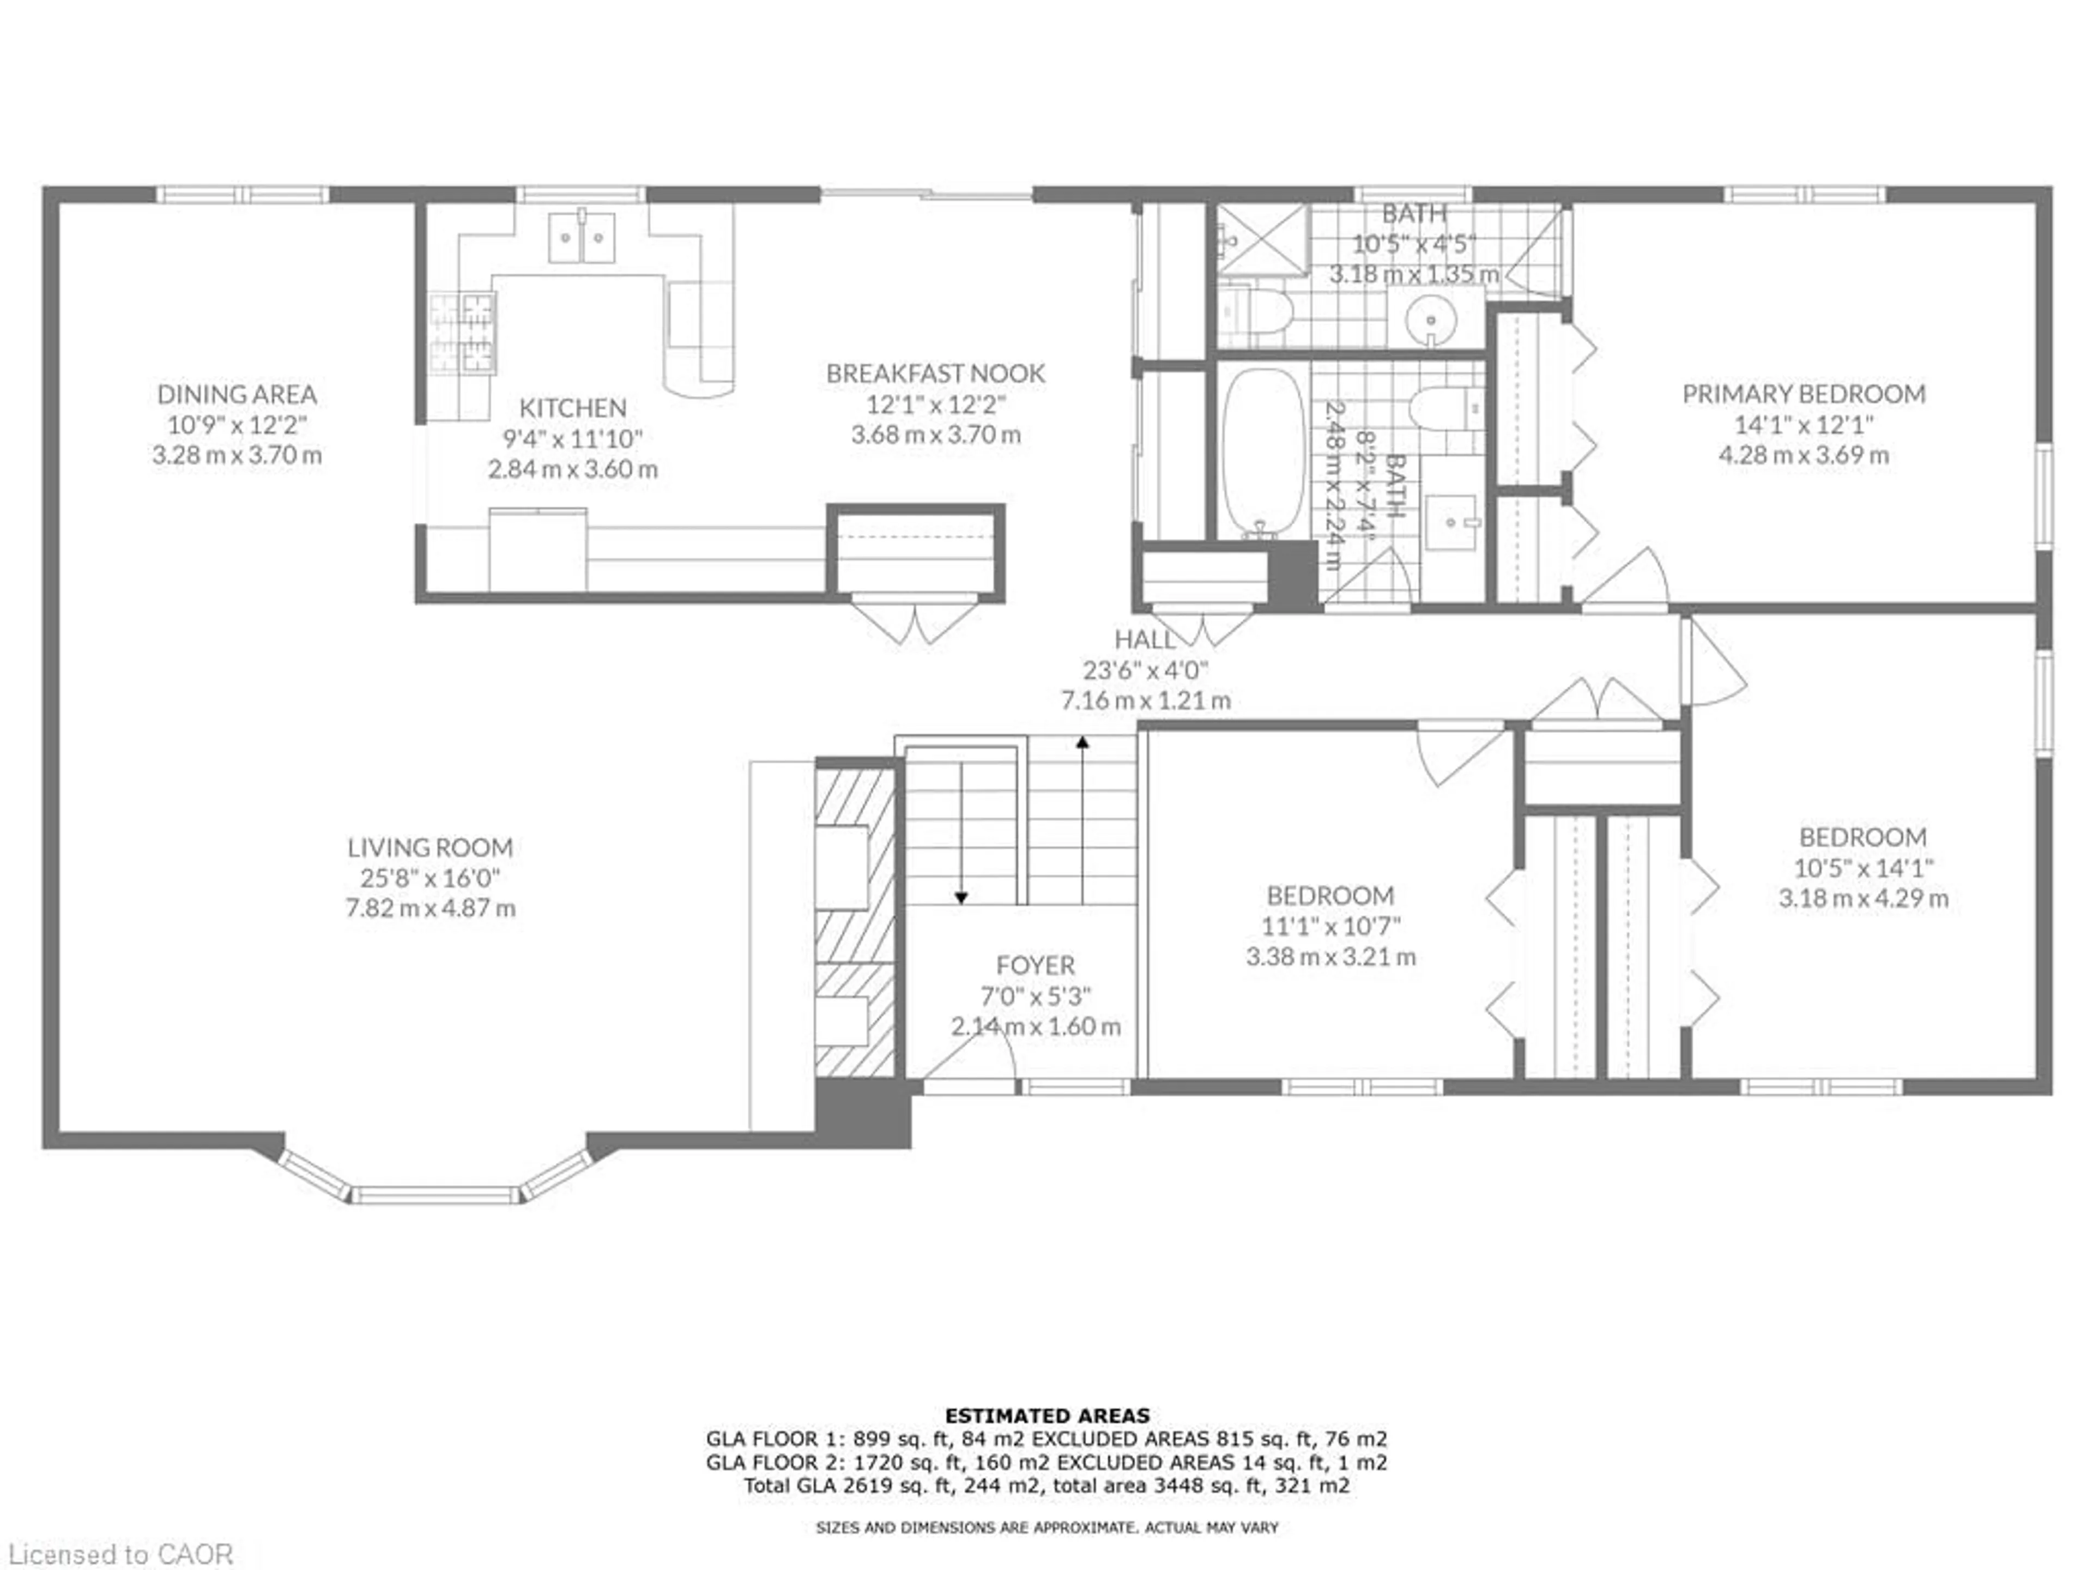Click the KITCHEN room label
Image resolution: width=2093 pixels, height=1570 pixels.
(x=572, y=408)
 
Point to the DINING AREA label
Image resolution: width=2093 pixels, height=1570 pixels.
(x=237, y=394)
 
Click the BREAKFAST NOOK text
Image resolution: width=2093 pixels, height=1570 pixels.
(x=936, y=373)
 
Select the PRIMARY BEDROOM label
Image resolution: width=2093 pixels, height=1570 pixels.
(x=1804, y=394)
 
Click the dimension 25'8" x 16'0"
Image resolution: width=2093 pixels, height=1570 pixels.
(x=431, y=877)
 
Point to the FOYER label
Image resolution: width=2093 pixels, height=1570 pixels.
(x=1035, y=965)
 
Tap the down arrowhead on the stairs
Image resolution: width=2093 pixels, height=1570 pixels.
(x=961, y=897)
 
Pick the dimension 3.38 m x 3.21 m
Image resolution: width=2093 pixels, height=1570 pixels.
(x=1330, y=956)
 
